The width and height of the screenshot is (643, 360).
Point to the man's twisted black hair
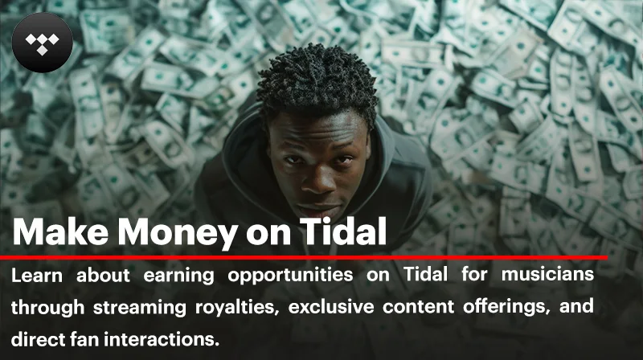click(x=317, y=84)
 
